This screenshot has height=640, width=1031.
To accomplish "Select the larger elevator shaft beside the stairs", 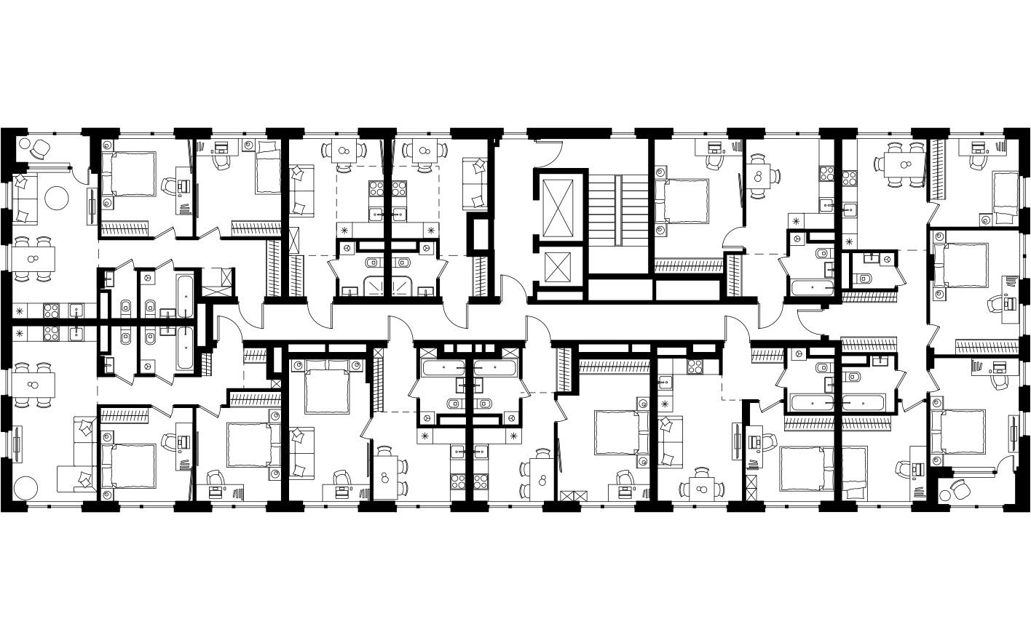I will tap(558, 206).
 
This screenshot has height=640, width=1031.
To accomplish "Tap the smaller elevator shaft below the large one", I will tap(558, 267).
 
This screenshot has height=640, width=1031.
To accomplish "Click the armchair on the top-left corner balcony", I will tap(41, 149).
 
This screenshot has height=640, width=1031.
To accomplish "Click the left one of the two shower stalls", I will tap(376, 286).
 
